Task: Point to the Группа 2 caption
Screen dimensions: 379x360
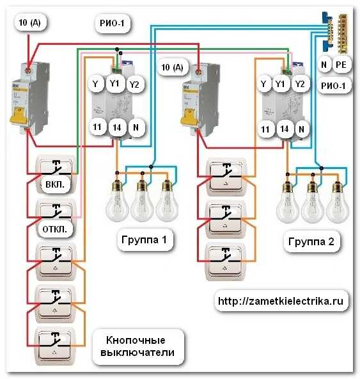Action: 313,242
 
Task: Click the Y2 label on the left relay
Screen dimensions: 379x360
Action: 134,85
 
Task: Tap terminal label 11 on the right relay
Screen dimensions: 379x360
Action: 265,129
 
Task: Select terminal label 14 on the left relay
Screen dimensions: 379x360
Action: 116,127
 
